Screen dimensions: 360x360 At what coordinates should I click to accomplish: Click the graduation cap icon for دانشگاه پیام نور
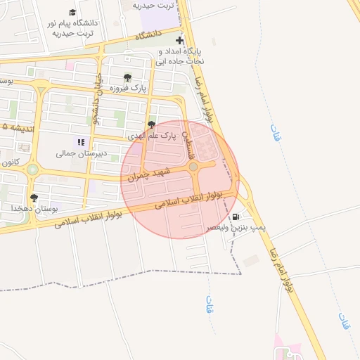coord(72,13)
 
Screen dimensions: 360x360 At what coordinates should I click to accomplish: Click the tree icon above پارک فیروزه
coord(127,77)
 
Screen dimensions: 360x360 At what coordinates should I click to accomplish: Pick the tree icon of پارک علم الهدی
coord(151,124)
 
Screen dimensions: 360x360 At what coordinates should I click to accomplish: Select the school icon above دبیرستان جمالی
coord(80,141)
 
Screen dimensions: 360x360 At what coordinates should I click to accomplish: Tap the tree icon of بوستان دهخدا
coord(34,198)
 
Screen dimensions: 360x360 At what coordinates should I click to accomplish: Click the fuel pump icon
coord(235,217)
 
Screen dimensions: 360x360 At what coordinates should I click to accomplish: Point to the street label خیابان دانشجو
coord(98,95)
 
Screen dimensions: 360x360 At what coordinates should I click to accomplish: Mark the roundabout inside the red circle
coord(193,167)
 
